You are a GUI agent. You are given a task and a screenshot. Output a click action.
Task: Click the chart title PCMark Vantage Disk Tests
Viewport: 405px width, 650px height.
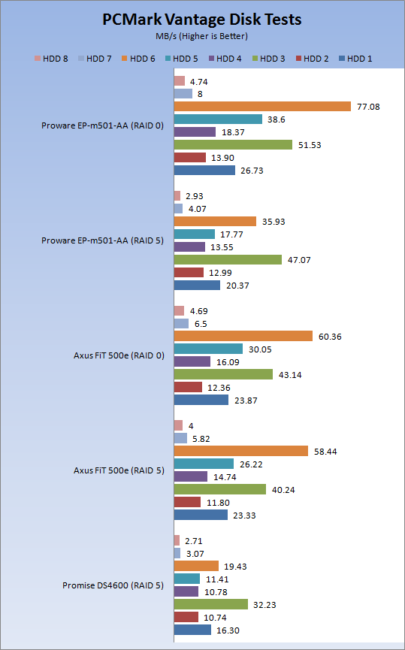[202, 20]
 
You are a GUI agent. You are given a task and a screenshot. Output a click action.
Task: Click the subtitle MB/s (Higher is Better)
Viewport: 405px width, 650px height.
[202, 36]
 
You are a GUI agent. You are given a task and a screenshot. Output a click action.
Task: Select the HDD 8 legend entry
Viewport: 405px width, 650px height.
[51, 59]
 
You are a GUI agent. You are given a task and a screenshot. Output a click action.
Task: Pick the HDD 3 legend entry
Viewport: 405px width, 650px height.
[268, 59]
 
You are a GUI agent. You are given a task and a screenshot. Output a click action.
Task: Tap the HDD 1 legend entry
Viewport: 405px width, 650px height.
[355, 59]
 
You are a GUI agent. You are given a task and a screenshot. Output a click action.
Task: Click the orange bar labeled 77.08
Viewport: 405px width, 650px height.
[262, 107]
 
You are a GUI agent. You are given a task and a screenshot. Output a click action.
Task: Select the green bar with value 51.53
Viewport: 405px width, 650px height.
[233, 145]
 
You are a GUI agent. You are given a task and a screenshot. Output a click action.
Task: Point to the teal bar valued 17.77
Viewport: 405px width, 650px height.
[195, 234]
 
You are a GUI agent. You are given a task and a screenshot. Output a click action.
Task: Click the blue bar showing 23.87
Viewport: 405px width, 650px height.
[201, 400]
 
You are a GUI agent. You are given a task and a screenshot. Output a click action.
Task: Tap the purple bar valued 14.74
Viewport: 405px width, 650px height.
[191, 476]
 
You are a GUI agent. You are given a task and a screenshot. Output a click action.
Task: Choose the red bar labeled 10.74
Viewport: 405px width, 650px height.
[186, 617]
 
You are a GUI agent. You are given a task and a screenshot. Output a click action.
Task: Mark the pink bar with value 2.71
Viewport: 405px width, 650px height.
[177, 540]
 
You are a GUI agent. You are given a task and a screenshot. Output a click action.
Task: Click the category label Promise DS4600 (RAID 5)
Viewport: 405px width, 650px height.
[113, 585]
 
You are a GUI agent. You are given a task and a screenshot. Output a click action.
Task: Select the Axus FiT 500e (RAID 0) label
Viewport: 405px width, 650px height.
[119, 355]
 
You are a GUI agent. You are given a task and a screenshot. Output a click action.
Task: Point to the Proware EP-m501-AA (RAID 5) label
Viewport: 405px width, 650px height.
[102, 240]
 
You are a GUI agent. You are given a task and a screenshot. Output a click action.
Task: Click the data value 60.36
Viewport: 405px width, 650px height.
[330, 337]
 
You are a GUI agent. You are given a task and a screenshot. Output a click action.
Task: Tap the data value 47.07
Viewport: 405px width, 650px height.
[299, 260]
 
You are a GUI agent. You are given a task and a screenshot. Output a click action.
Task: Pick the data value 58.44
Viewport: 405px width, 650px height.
[325, 452]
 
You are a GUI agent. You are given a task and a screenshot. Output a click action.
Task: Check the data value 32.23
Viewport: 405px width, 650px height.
[264, 605]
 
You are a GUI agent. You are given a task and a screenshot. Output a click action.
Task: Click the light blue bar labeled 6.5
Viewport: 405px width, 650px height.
[181, 324]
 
